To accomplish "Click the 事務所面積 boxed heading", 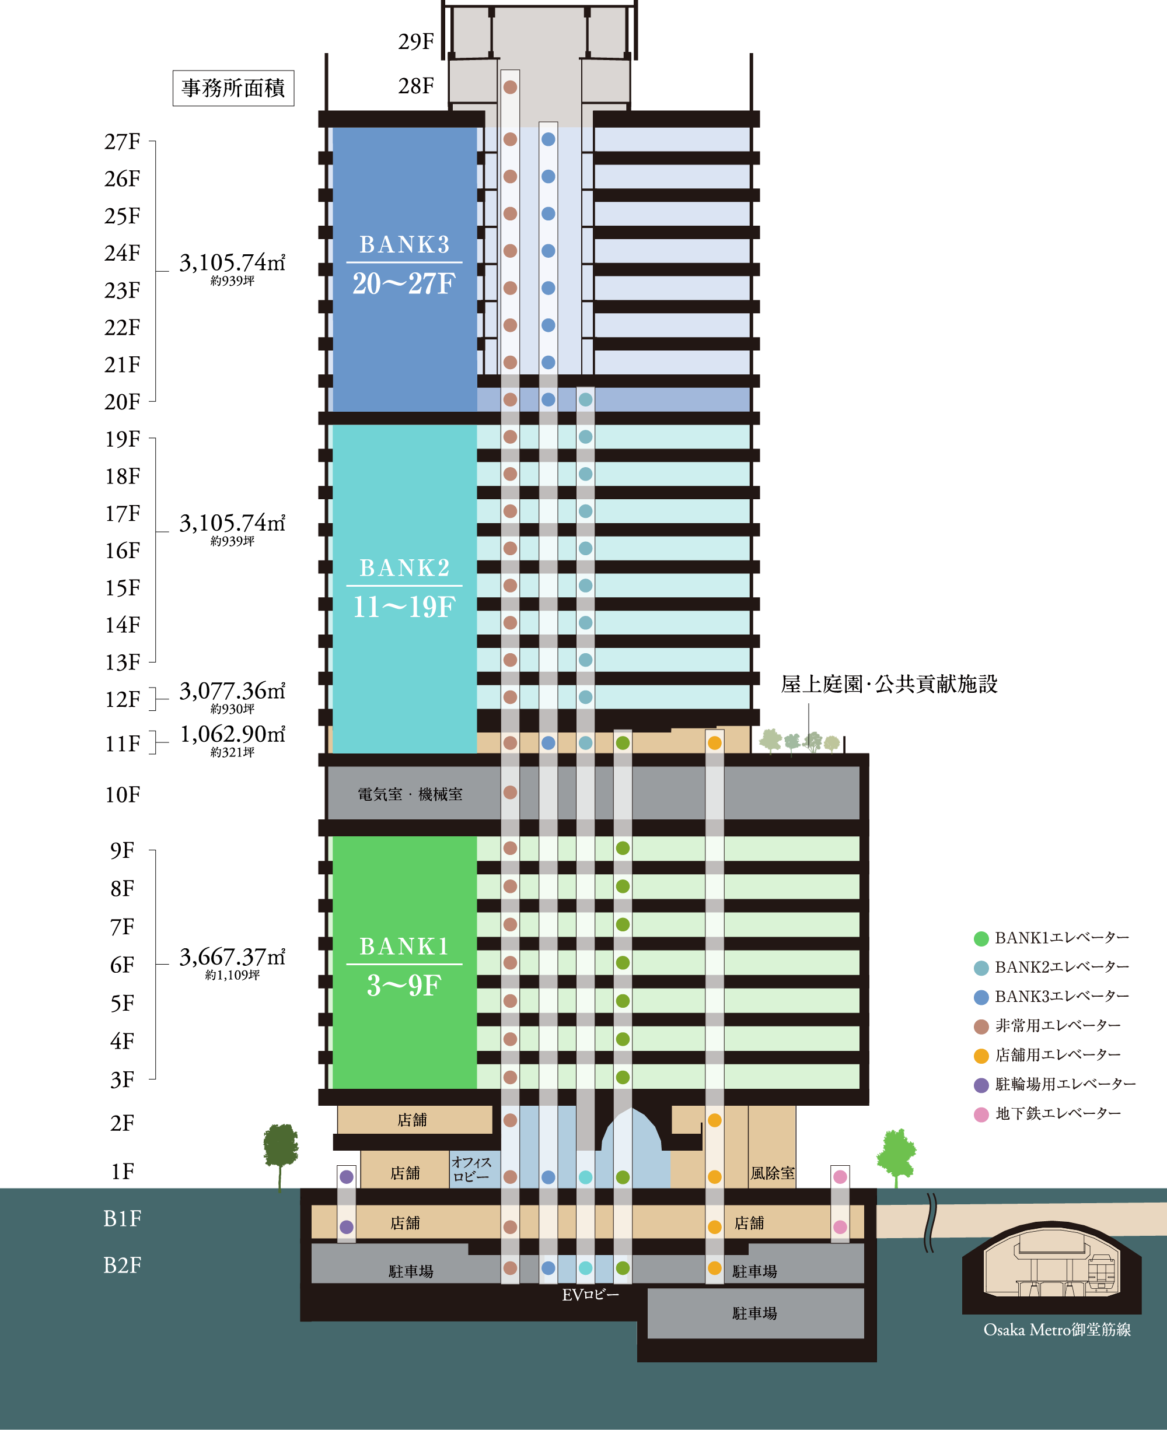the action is pos(233,88).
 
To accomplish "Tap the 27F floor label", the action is pos(122,142).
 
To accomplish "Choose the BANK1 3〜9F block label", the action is pos(404,966).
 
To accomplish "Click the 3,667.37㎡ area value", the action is pos(232,957).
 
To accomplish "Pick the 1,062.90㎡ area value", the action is pos(232,734).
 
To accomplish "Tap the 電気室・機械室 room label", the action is pos(410,794).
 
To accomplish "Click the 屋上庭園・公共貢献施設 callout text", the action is pos(889,684).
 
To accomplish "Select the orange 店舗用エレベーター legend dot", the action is pos(981,1056).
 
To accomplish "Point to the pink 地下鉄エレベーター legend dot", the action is pos(981,1114).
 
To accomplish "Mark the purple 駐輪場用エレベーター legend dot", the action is pos(981,1085).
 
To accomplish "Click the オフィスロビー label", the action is pos(471,1169).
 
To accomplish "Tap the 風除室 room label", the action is pos(773,1173).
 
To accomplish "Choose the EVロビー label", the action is pos(591,1295).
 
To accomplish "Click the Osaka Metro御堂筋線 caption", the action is pos(1057,1330).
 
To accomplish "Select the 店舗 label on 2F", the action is pos(412,1120).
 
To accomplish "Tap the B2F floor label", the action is pos(122,1266).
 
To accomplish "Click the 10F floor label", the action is pos(122,795).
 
